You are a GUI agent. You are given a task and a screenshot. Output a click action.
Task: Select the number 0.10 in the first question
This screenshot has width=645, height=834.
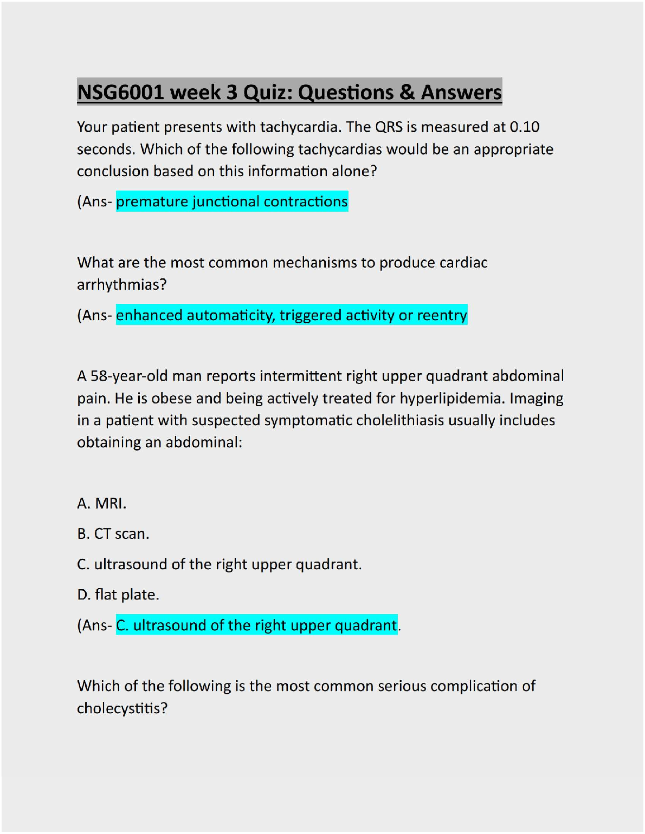(524, 127)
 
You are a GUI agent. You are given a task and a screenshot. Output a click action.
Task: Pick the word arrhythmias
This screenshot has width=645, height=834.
(121, 285)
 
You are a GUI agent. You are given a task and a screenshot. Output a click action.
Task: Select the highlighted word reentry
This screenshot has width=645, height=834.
(442, 315)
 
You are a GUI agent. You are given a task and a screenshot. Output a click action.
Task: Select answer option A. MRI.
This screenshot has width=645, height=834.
(102, 504)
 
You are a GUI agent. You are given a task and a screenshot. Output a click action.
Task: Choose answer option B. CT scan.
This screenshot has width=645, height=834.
(113, 534)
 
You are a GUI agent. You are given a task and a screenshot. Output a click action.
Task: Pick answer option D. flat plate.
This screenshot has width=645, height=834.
(118, 595)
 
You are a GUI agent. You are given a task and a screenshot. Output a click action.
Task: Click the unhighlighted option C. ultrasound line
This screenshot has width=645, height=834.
(219, 564)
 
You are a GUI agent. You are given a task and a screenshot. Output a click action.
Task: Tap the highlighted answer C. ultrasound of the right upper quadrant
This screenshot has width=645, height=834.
(256, 625)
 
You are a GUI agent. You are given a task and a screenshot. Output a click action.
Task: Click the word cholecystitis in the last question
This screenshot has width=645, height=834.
(122, 708)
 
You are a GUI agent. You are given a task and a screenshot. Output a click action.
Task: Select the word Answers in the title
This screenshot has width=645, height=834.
(461, 93)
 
